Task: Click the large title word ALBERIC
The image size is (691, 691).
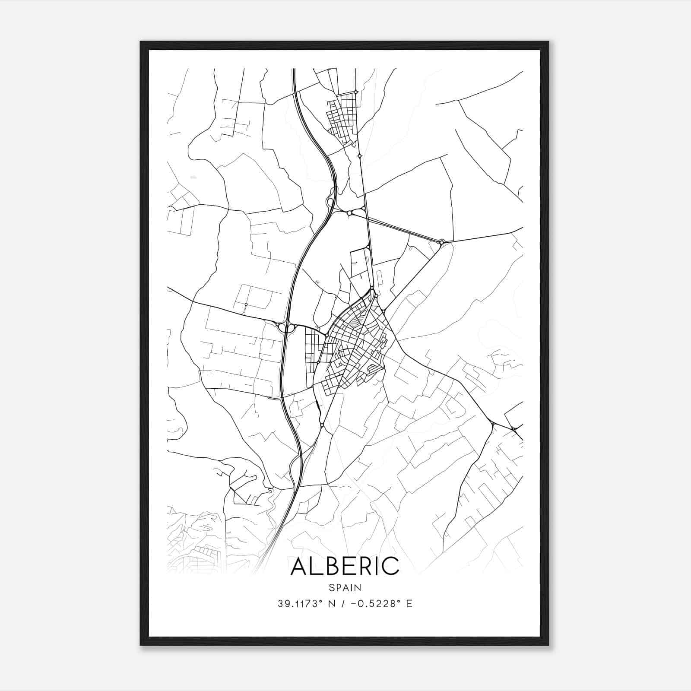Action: click(345, 567)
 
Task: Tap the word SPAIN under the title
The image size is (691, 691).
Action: click(345, 587)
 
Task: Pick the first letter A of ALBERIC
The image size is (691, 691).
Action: click(300, 567)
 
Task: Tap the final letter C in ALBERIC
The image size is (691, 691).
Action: click(390, 567)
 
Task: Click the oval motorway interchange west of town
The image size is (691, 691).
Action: click(285, 328)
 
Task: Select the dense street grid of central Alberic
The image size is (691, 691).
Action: click(356, 345)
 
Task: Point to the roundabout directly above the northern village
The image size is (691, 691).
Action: click(355, 92)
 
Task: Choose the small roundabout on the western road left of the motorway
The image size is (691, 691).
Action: click(246, 304)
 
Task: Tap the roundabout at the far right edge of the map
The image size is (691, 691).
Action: click(514, 429)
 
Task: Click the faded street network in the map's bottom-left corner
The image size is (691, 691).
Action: click(194, 548)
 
